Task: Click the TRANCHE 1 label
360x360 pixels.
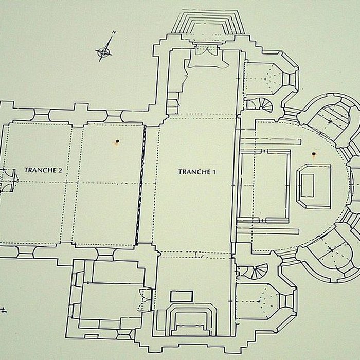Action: tap(197, 172)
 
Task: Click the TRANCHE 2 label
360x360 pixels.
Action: tap(43, 170)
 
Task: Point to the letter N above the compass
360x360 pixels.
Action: tap(114, 32)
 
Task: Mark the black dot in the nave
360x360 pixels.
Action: tap(117, 141)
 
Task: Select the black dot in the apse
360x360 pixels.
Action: tap(314, 154)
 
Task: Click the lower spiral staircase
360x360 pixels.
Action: tap(255, 272)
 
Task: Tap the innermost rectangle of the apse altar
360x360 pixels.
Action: tap(308, 186)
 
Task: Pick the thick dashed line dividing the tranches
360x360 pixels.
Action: tap(140, 185)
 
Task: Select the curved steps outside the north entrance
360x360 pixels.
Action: tap(207, 23)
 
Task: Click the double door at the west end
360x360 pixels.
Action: tap(8, 180)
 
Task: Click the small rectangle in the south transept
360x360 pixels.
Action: tap(182, 296)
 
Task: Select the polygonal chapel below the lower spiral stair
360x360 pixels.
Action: tap(266, 301)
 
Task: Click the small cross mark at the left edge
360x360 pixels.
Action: tap(3, 311)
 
